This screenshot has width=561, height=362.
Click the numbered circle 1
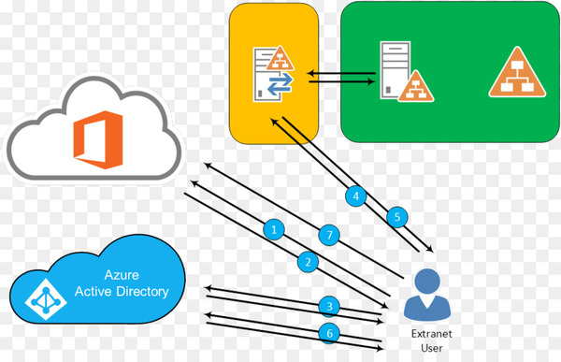(273, 228)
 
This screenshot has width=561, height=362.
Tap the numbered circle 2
(307, 261)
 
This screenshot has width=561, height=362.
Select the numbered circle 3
(327, 306)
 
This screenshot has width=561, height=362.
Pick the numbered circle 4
(354, 196)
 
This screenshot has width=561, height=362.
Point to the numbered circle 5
(396, 217)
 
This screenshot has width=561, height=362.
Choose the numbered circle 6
(327, 333)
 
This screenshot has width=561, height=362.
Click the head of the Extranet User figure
(427, 281)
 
